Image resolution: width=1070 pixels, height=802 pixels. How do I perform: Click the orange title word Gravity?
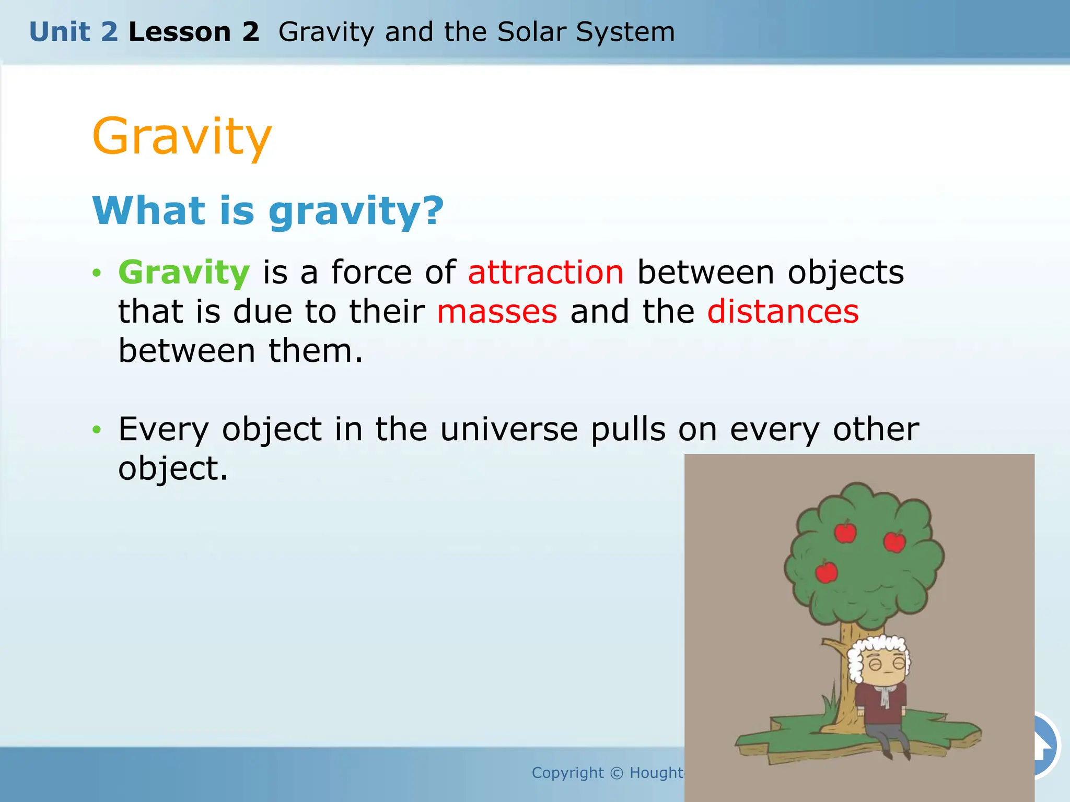(x=182, y=137)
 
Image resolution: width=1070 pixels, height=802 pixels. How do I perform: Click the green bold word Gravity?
(x=184, y=273)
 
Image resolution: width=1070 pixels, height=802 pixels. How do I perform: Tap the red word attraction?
(x=545, y=273)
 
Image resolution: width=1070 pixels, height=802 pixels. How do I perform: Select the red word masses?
(x=497, y=312)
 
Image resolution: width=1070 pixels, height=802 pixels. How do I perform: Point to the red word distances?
(x=783, y=312)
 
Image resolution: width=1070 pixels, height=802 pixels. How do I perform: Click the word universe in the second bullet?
(x=509, y=429)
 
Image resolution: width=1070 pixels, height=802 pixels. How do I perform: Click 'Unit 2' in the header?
(x=73, y=32)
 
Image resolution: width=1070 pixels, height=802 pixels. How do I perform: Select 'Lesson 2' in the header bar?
(x=194, y=32)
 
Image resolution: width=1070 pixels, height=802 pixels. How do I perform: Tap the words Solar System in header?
(x=586, y=32)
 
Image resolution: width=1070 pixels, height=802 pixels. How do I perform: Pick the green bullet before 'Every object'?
(x=96, y=430)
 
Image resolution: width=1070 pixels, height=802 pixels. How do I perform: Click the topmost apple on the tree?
(x=845, y=532)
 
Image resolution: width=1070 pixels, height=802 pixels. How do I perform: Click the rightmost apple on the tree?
(x=894, y=541)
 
